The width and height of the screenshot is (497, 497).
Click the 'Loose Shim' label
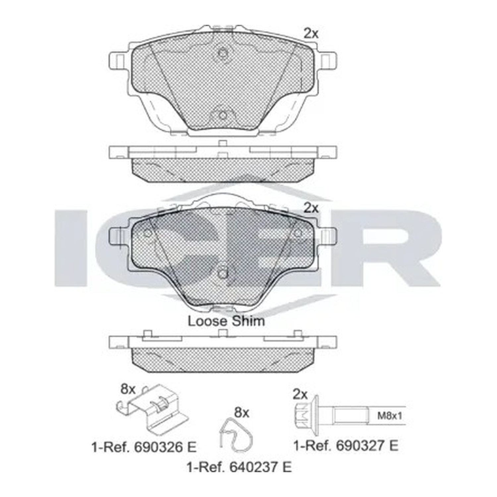coord(226,321)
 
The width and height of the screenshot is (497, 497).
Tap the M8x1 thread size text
coord(390,415)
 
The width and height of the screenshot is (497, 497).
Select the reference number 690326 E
coord(144,447)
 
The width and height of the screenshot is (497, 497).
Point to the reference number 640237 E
coord(239,467)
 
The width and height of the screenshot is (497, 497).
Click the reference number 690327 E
coord(346,445)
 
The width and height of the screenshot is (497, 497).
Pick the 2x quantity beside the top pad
coord(311,33)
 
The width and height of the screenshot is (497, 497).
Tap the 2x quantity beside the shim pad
coord(311,208)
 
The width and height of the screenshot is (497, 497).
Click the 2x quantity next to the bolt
coord(300,394)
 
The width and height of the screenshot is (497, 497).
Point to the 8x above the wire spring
coord(242,413)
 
